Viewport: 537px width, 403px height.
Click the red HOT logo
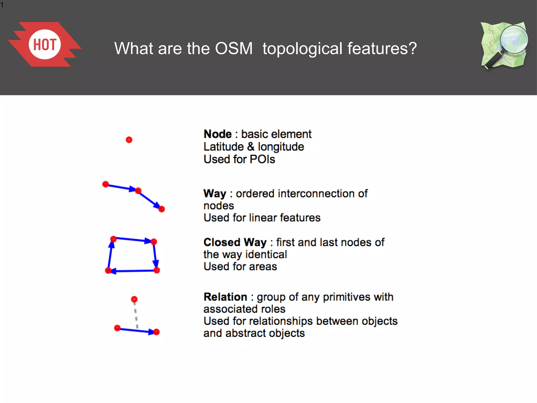(x=45, y=44)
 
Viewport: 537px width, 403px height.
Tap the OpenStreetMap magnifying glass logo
(x=504, y=45)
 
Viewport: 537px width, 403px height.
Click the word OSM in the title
(x=234, y=49)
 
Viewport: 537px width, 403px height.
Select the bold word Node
(x=218, y=134)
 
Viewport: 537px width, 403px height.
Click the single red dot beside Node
(x=129, y=140)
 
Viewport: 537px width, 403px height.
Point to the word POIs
(x=262, y=160)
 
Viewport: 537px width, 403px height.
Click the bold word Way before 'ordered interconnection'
(x=215, y=194)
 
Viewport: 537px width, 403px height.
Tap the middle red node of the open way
(x=138, y=191)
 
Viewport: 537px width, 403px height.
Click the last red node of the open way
(x=162, y=209)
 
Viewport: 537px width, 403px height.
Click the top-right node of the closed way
(x=154, y=242)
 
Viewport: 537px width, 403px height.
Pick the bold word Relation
(x=225, y=297)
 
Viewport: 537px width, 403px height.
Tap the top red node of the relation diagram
(x=134, y=299)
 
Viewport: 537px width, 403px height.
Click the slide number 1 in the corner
(x=2, y=5)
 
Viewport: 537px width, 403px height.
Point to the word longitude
(x=281, y=147)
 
